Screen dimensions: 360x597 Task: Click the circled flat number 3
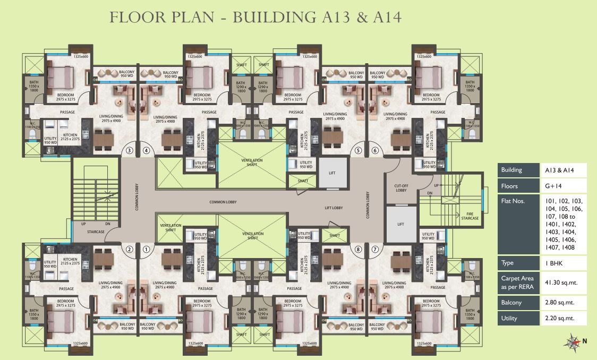coord(130,150)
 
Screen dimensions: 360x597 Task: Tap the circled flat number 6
coord(375,150)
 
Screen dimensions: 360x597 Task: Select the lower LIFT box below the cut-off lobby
coord(400,224)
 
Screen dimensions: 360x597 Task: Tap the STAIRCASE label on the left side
coord(96,232)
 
